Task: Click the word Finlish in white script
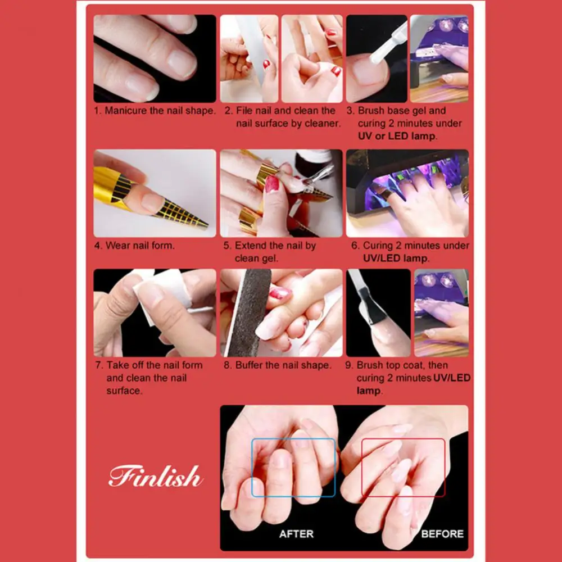[x=155, y=477]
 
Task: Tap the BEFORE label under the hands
[x=442, y=533]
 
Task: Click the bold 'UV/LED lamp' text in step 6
[x=396, y=259]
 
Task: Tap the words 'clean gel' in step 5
[x=256, y=259]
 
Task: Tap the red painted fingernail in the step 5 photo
[x=272, y=184]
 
